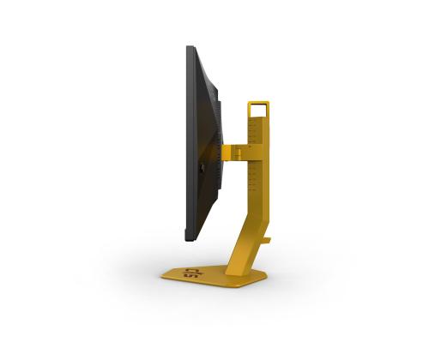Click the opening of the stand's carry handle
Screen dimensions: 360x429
(258, 111)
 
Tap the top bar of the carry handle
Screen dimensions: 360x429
(258, 104)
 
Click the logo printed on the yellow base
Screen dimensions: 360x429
(190, 274)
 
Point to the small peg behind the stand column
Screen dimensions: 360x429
(266, 240)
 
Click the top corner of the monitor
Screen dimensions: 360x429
(188, 48)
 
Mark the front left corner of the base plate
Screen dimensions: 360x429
(165, 276)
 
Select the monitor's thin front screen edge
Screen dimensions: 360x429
(187, 141)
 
